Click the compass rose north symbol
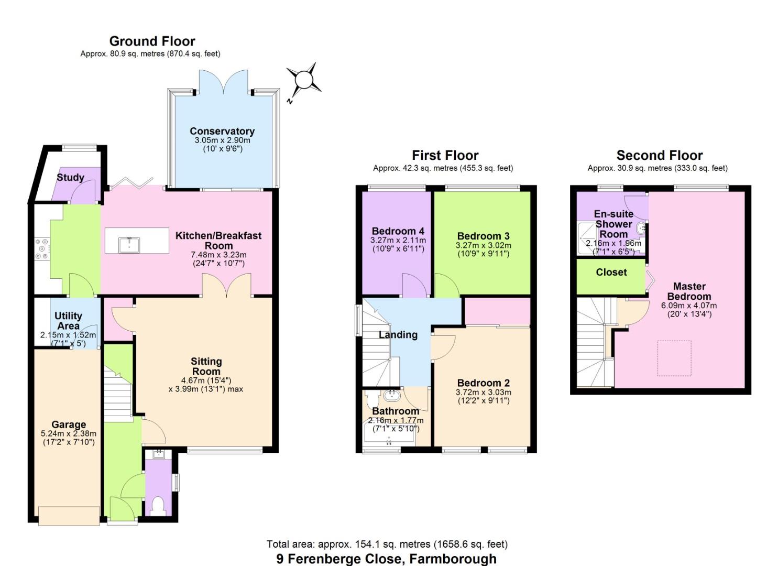point(303,81)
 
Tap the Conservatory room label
point(222,131)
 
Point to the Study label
point(70,177)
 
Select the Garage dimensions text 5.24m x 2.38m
point(69,434)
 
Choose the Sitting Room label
point(206,366)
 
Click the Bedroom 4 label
point(398,231)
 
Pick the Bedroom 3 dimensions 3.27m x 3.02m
point(483,245)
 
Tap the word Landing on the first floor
point(398,334)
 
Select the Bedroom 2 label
point(483,383)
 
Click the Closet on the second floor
point(611,273)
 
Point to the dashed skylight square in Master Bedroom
point(674,358)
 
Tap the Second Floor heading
point(659,155)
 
